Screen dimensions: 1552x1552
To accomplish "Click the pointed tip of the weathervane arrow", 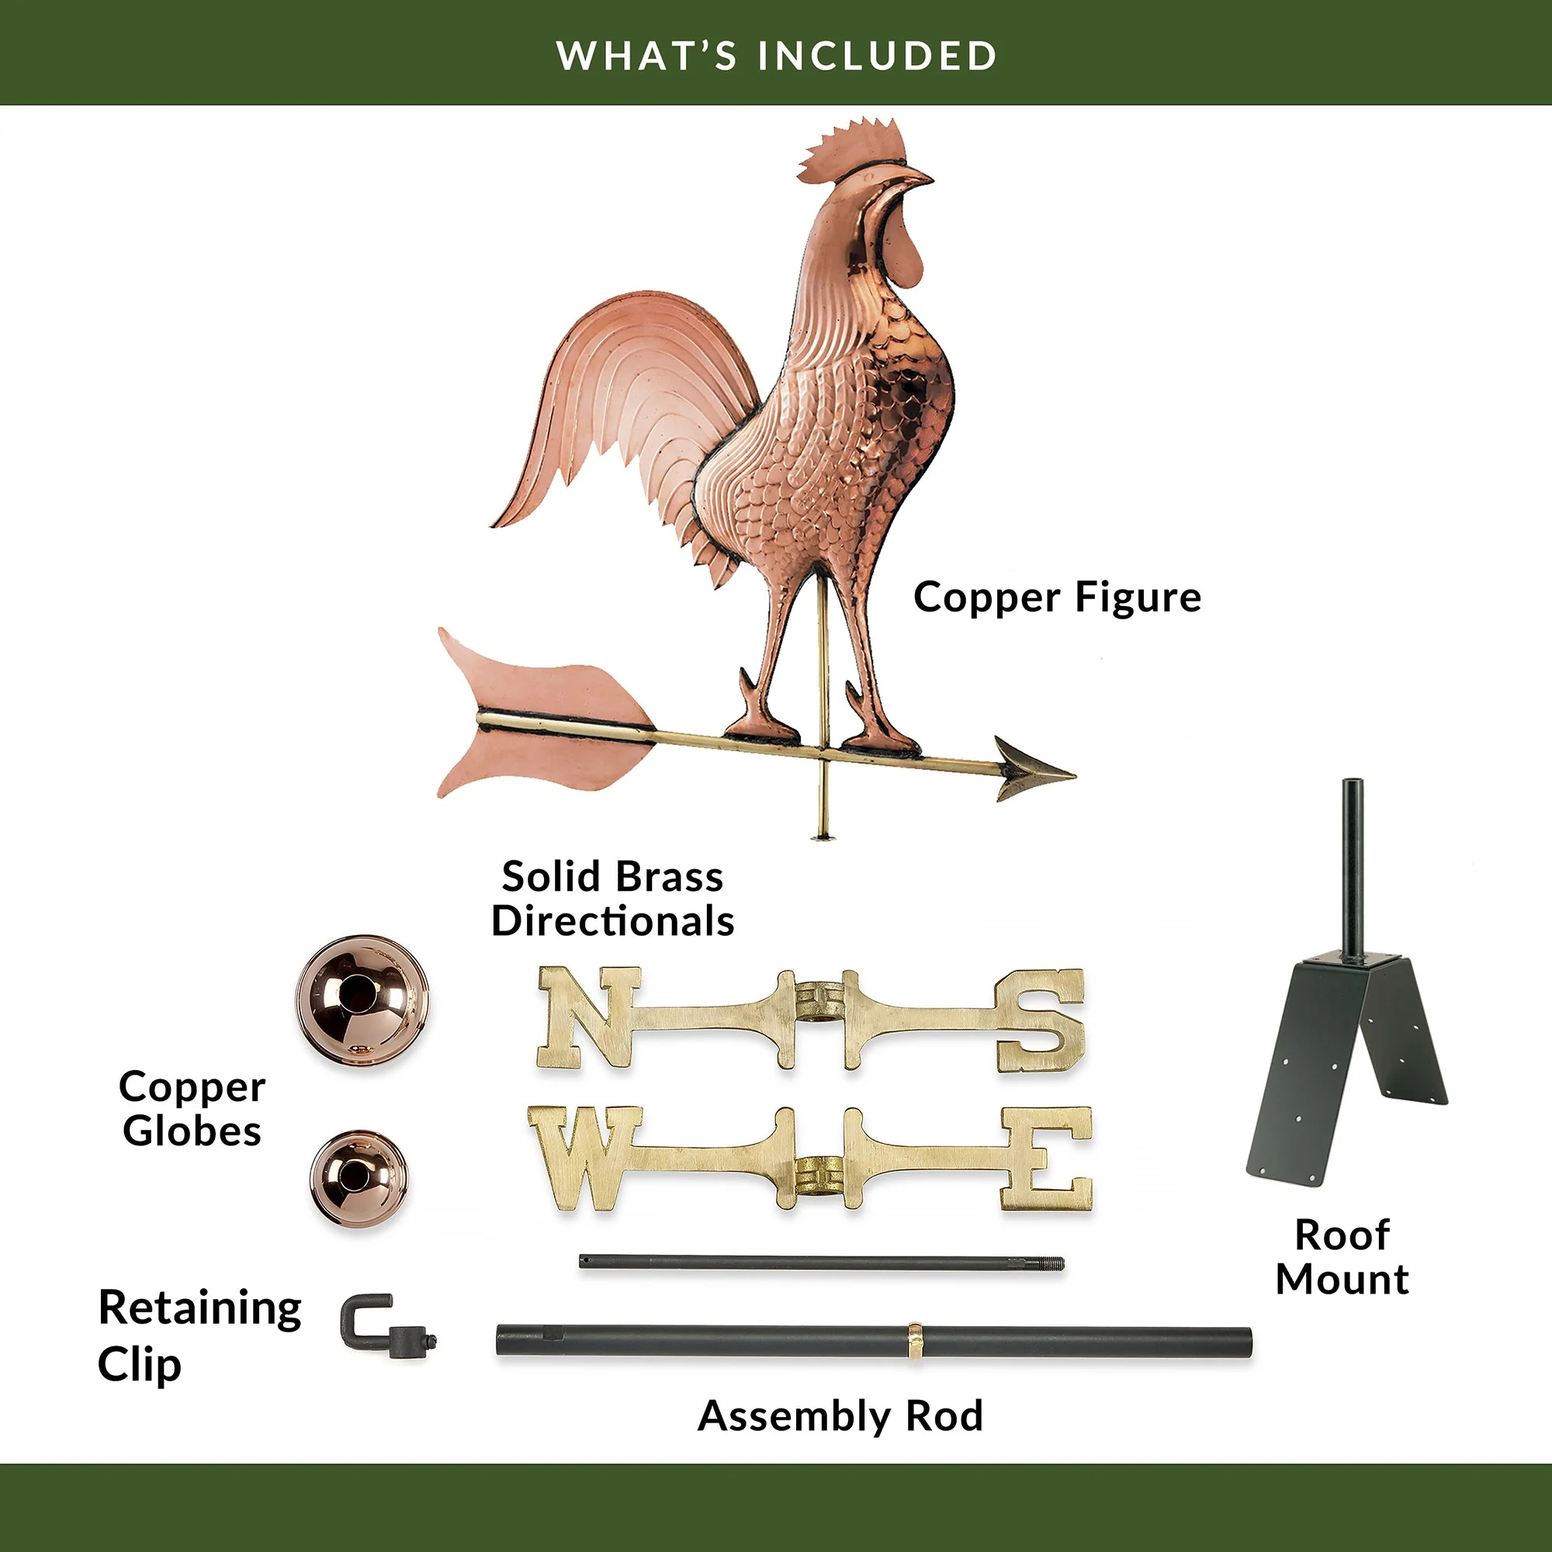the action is click(1075, 774).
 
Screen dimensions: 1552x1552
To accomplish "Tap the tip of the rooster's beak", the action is click(933, 178).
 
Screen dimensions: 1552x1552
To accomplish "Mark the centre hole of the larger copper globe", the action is click(358, 995).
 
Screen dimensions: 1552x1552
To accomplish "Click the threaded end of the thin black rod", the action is click(1051, 1263).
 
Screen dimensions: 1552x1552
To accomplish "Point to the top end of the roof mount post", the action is click(1353, 781).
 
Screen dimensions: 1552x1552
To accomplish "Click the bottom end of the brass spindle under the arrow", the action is click(822, 838).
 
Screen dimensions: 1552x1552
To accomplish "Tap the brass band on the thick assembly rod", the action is click(914, 1341).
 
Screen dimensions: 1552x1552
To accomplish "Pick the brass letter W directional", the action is click(585, 1158).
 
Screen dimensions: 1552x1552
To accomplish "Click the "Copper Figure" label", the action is click(1057, 598).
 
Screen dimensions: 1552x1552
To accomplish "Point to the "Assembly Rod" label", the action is click(840, 1415).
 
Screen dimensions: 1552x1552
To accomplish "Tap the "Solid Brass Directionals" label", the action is click(613, 898).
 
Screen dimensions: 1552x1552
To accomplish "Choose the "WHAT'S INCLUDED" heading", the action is click(776, 55).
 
